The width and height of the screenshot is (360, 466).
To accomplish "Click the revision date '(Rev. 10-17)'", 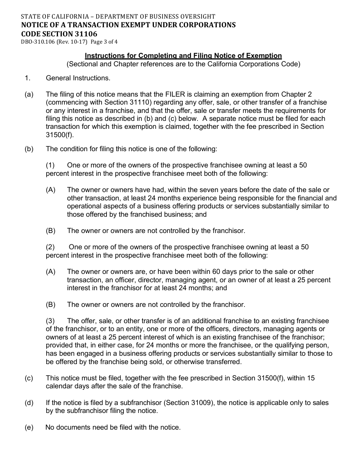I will pyautogui.click(x=71, y=42).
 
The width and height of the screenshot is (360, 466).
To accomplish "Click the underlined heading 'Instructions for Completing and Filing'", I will pyautogui.click(x=155, y=56).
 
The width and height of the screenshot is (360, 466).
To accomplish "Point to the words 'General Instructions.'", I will pyautogui.click(x=78, y=78).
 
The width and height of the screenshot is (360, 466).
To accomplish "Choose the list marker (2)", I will pyautogui.click(x=50, y=247).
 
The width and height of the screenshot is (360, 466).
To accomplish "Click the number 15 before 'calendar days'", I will pyautogui.click(x=311, y=378).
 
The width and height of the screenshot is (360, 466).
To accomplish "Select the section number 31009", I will pyautogui.click(x=196, y=403).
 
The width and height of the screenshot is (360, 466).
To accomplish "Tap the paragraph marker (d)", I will pyautogui.click(x=29, y=403).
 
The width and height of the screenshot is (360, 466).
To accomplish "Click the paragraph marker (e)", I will pyautogui.click(x=29, y=427).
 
